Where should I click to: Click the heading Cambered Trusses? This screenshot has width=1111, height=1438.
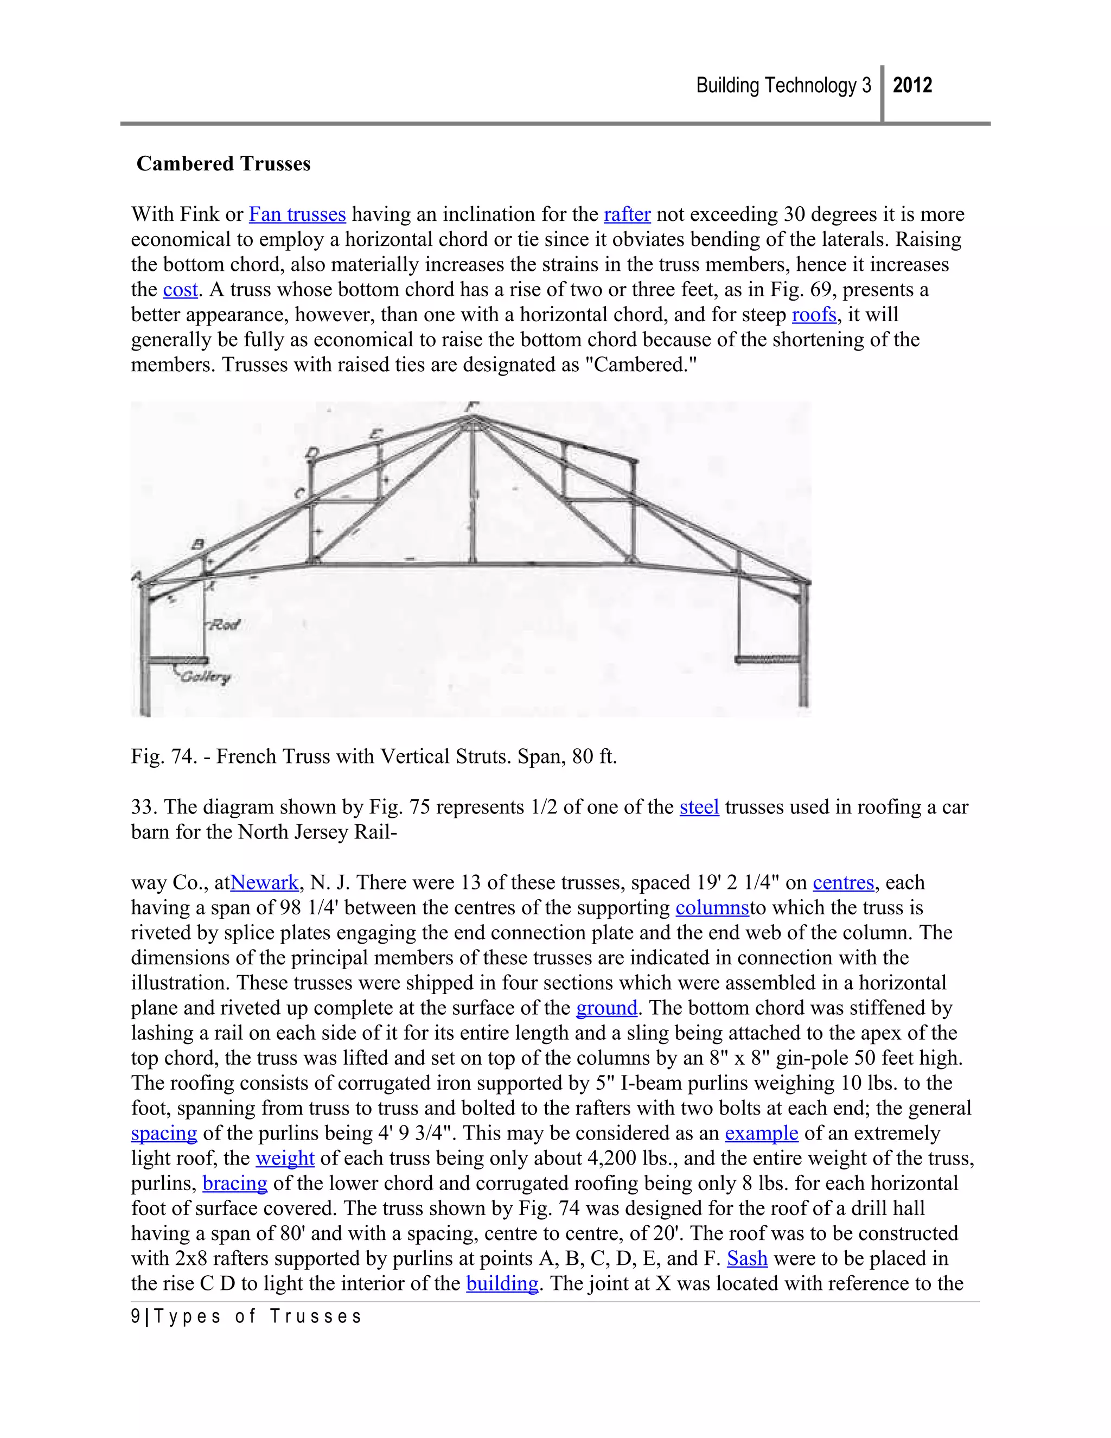(x=223, y=163)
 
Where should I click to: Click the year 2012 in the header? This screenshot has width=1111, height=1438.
(x=912, y=86)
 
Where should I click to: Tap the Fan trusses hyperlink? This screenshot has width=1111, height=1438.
(x=297, y=215)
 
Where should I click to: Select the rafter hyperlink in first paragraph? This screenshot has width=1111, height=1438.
(x=627, y=215)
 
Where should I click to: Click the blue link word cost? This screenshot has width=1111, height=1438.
(x=180, y=290)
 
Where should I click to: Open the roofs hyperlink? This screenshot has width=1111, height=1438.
(x=814, y=315)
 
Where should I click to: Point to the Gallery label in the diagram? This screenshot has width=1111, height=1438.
(x=206, y=677)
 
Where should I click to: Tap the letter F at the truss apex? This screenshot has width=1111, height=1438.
(x=471, y=407)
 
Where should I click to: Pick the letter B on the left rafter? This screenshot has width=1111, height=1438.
(x=197, y=544)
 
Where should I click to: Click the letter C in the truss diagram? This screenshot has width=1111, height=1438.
(x=299, y=493)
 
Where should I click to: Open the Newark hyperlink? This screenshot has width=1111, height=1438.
(x=265, y=882)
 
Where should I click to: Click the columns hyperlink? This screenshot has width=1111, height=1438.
(x=712, y=907)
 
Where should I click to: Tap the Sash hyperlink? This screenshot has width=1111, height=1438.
(x=747, y=1258)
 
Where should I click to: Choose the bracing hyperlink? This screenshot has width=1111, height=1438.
(x=235, y=1183)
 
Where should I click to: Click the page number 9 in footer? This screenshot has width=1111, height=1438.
(x=135, y=1317)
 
